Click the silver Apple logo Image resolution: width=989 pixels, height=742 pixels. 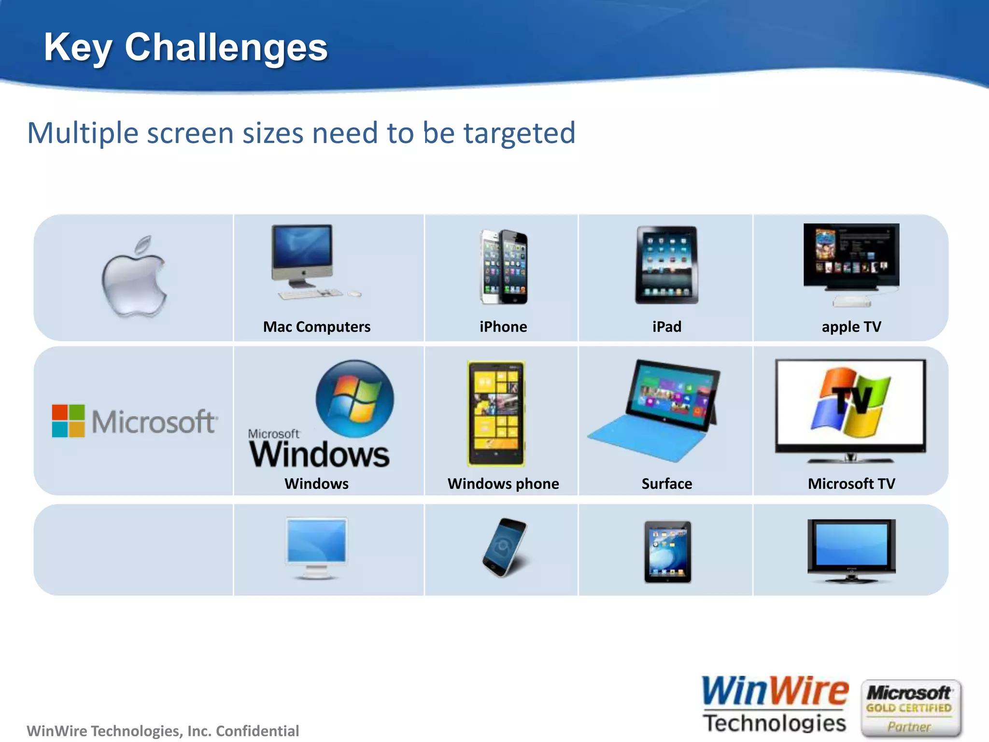point(134,277)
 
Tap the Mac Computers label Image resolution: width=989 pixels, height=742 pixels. point(317,327)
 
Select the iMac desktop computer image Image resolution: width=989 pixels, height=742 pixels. point(303,256)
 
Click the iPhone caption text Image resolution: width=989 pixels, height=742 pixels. point(503,327)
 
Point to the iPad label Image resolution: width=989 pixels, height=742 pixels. point(667,327)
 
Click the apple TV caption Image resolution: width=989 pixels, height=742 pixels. point(851,327)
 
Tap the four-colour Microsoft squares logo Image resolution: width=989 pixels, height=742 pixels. point(69,421)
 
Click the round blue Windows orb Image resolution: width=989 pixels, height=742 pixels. point(355,399)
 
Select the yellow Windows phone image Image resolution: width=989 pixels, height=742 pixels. point(496,413)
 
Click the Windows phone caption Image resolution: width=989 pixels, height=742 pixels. point(503,484)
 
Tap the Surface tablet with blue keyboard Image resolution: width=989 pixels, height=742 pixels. point(654,411)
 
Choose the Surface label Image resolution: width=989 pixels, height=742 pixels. point(667,484)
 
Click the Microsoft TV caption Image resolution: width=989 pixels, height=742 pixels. point(851,484)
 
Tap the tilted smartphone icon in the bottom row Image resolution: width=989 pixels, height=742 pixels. point(505,547)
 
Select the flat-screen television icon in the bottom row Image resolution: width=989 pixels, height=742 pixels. point(851,550)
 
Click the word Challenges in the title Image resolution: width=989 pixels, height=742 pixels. point(226,47)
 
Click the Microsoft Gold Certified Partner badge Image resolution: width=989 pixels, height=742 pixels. point(910,709)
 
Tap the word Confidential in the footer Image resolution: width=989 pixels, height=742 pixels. point(257,731)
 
